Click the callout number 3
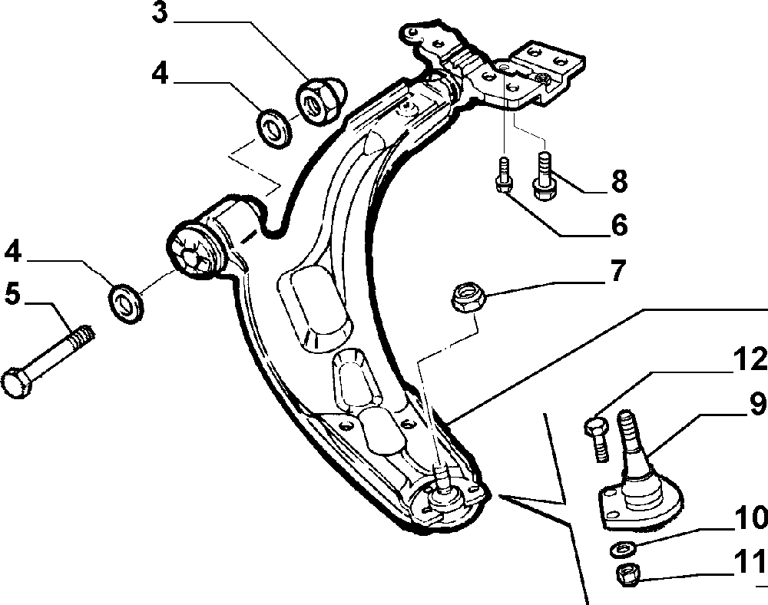tap(159, 15)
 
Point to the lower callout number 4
tap(14, 252)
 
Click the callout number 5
tap(13, 295)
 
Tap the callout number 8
tap(618, 182)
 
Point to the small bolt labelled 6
tap(504, 175)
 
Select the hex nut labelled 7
tap(465, 297)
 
